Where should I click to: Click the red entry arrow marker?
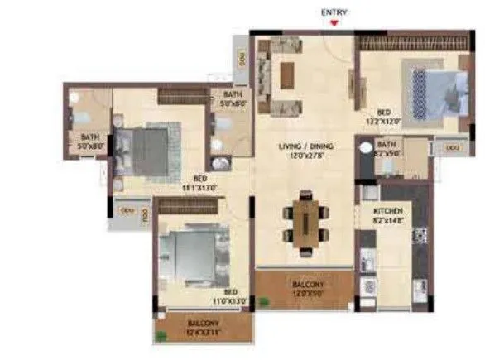click(x=334, y=22)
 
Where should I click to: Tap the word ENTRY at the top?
click(x=334, y=12)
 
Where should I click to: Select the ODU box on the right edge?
click(x=452, y=146)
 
